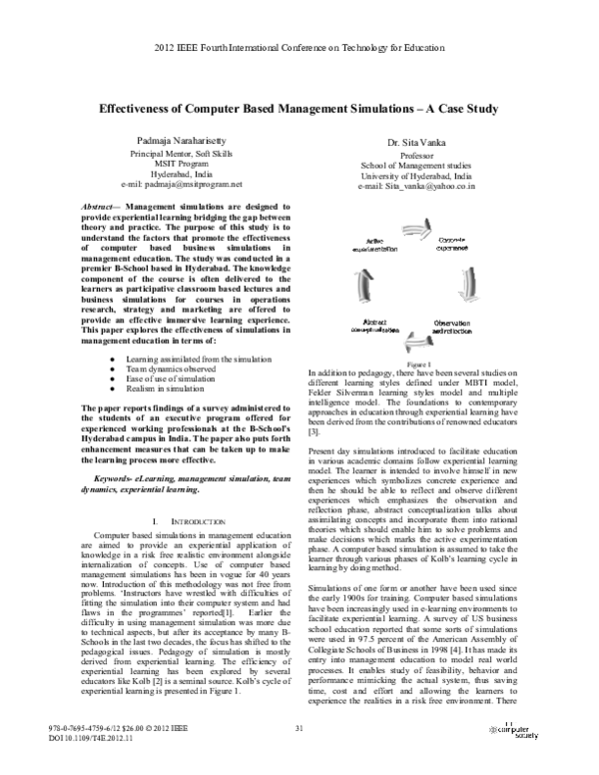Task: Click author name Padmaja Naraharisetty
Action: click(182, 144)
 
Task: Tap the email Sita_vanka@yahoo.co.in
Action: click(416, 186)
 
